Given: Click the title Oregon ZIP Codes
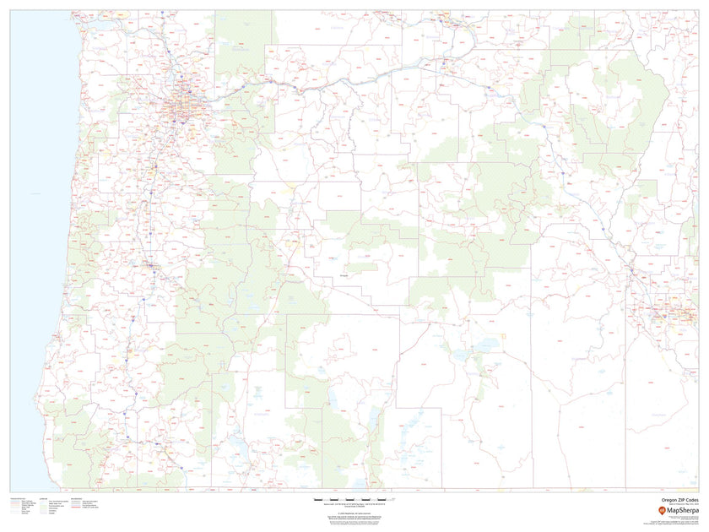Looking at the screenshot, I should coord(679,500).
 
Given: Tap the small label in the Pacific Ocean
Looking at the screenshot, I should coord(35,194).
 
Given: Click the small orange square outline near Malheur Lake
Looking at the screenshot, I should coord(504,336).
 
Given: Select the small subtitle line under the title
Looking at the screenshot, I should coord(679,505).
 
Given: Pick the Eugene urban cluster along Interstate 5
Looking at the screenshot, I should coord(150,268).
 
